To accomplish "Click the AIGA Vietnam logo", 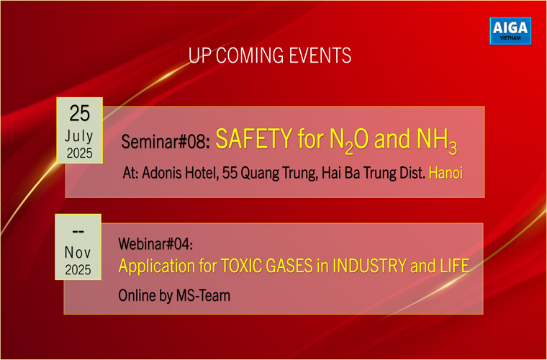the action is (x=510, y=31).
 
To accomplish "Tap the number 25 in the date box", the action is (x=80, y=113).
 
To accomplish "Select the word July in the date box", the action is (x=79, y=136).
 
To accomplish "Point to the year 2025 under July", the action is (x=80, y=153).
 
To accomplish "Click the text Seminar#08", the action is (x=163, y=142).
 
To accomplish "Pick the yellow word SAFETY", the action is (x=253, y=138).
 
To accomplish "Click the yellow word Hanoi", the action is (x=446, y=173).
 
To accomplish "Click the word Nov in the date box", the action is (x=78, y=253).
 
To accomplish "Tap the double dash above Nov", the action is (x=78, y=231).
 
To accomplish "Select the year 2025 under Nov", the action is (x=78, y=270).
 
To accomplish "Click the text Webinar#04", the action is (x=155, y=243).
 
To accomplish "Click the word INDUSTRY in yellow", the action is (x=370, y=266).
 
